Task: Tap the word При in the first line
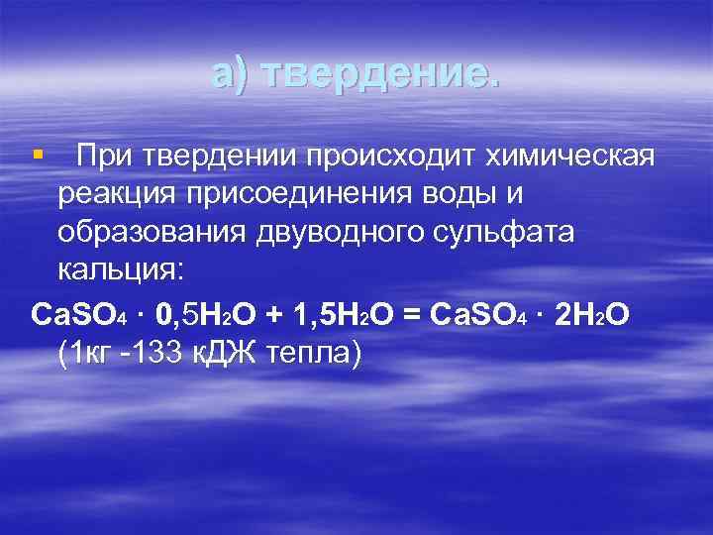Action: pyautogui.click(x=106, y=156)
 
